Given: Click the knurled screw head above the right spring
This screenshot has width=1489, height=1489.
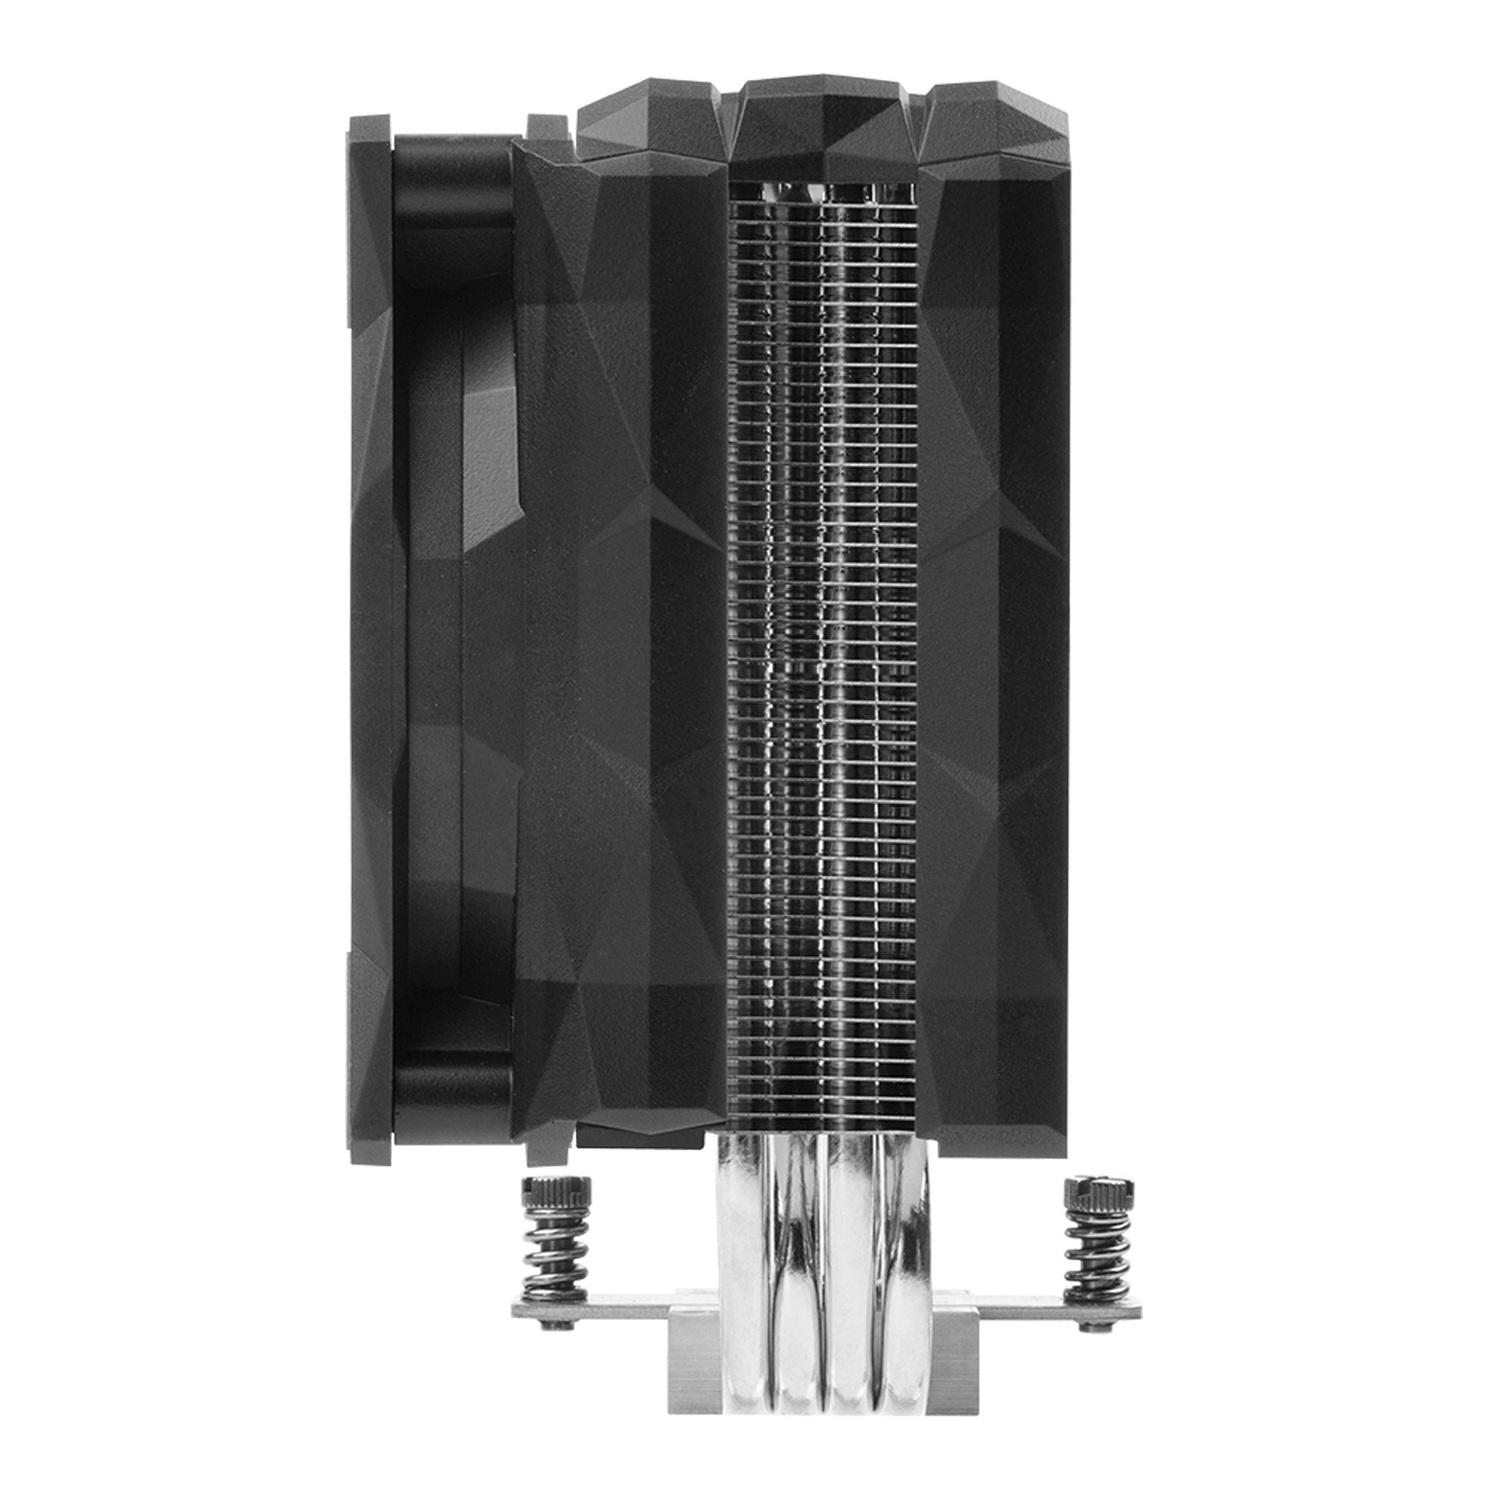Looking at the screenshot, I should point(1099,1211).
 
